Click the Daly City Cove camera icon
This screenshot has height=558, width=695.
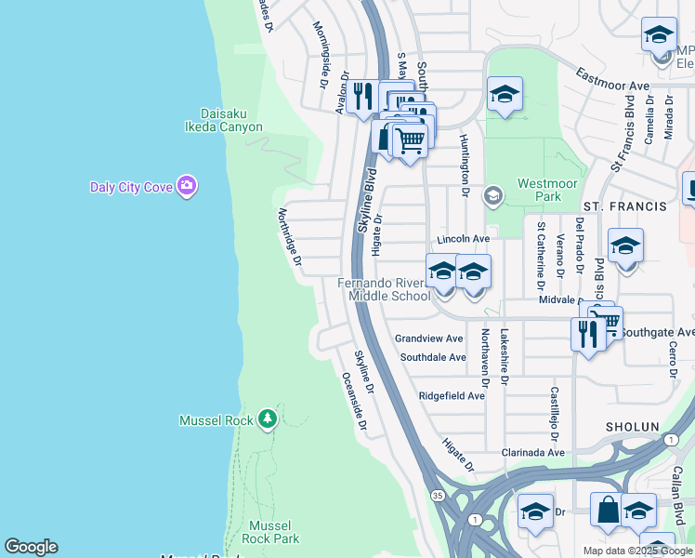pos(187,186)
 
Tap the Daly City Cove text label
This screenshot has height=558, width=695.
pos(131,187)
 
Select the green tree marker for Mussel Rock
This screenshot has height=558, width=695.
pos(268,419)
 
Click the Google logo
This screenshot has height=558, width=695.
pos(31,546)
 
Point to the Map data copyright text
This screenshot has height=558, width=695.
pos(638,551)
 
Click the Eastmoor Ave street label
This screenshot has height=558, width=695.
pos(611,79)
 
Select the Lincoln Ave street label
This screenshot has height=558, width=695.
pos(463,239)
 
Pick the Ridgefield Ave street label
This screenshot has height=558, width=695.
pos(452,395)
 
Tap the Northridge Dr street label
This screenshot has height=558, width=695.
pos(288,238)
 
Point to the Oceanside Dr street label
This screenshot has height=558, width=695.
pos(354,403)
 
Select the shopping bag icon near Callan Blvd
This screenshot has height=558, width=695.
pos(608,511)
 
